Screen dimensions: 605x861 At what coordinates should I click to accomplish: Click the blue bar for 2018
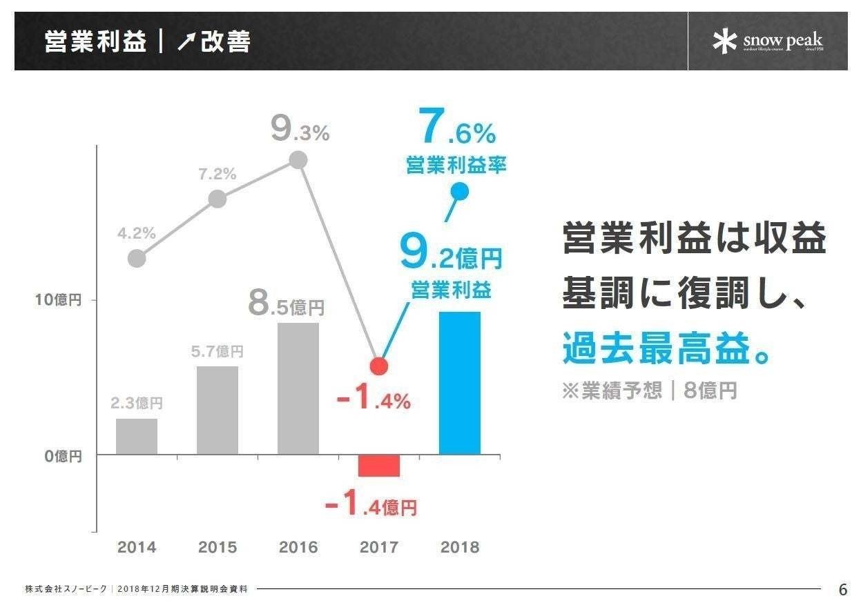pyautogui.click(x=460, y=383)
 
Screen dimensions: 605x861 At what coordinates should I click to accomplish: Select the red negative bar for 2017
pyautogui.click(x=379, y=466)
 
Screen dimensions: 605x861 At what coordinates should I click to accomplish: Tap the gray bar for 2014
pyautogui.click(x=137, y=436)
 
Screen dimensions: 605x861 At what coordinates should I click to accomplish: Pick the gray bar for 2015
pyautogui.click(x=217, y=410)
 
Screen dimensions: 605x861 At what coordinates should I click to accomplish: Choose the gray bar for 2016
pyautogui.click(x=298, y=388)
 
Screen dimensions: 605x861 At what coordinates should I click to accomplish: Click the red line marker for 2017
pyautogui.click(x=379, y=366)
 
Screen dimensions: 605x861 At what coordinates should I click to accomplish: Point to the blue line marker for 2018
pyautogui.click(x=460, y=192)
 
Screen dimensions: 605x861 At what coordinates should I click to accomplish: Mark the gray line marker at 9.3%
pyautogui.click(x=298, y=160)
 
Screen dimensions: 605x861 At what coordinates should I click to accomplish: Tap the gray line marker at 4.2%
pyautogui.click(x=137, y=259)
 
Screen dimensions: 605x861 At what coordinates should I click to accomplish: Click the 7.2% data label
pyautogui.click(x=217, y=175)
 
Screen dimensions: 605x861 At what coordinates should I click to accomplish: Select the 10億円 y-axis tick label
pyautogui.click(x=59, y=300)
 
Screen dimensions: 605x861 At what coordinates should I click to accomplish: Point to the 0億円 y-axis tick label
pyautogui.click(x=63, y=455)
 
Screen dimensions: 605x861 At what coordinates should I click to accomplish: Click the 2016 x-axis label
pyautogui.click(x=298, y=548)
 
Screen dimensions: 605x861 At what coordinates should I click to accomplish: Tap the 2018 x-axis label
pyautogui.click(x=460, y=548)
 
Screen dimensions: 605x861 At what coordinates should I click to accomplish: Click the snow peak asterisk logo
pyautogui.click(x=725, y=41)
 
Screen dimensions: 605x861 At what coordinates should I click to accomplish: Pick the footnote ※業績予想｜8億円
pyautogui.click(x=649, y=390)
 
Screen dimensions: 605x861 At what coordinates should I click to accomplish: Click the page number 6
pyautogui.click(x=842, y=590)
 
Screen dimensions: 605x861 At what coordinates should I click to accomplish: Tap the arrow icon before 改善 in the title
pyautogui.click(x=186, y=43)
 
